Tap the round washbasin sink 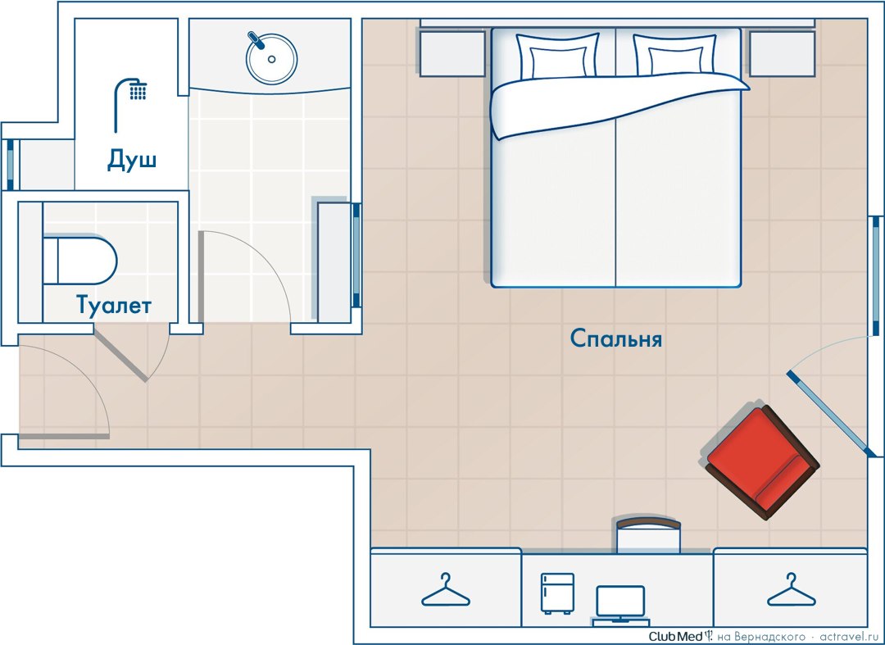pyautogui.click(x=271, y=59)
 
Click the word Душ pyautogui.click(x=131, y=160)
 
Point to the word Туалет pyautogui.click(x=114, y=305)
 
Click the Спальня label pyautogui.click(x=615, y=338)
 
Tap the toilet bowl pyautogui.click(x=79, y=260)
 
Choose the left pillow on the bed pyautogui.click(x=558, y=57)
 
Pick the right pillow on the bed pyautogui.click(x=675, y=55)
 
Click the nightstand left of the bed pyautogui.click(x=452, y=53)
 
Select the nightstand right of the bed pyautogui.click(x=783, y=53)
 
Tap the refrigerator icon pyautogui.click(x=557, y=593)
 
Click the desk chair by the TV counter pyautogui.click(x=648, y=534)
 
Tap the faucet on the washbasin pyautogui.click(x=256, y=39)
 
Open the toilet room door pyautogui.click(x=120, y=356)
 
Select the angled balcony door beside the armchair pyautogui.click(x=828, y=414)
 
